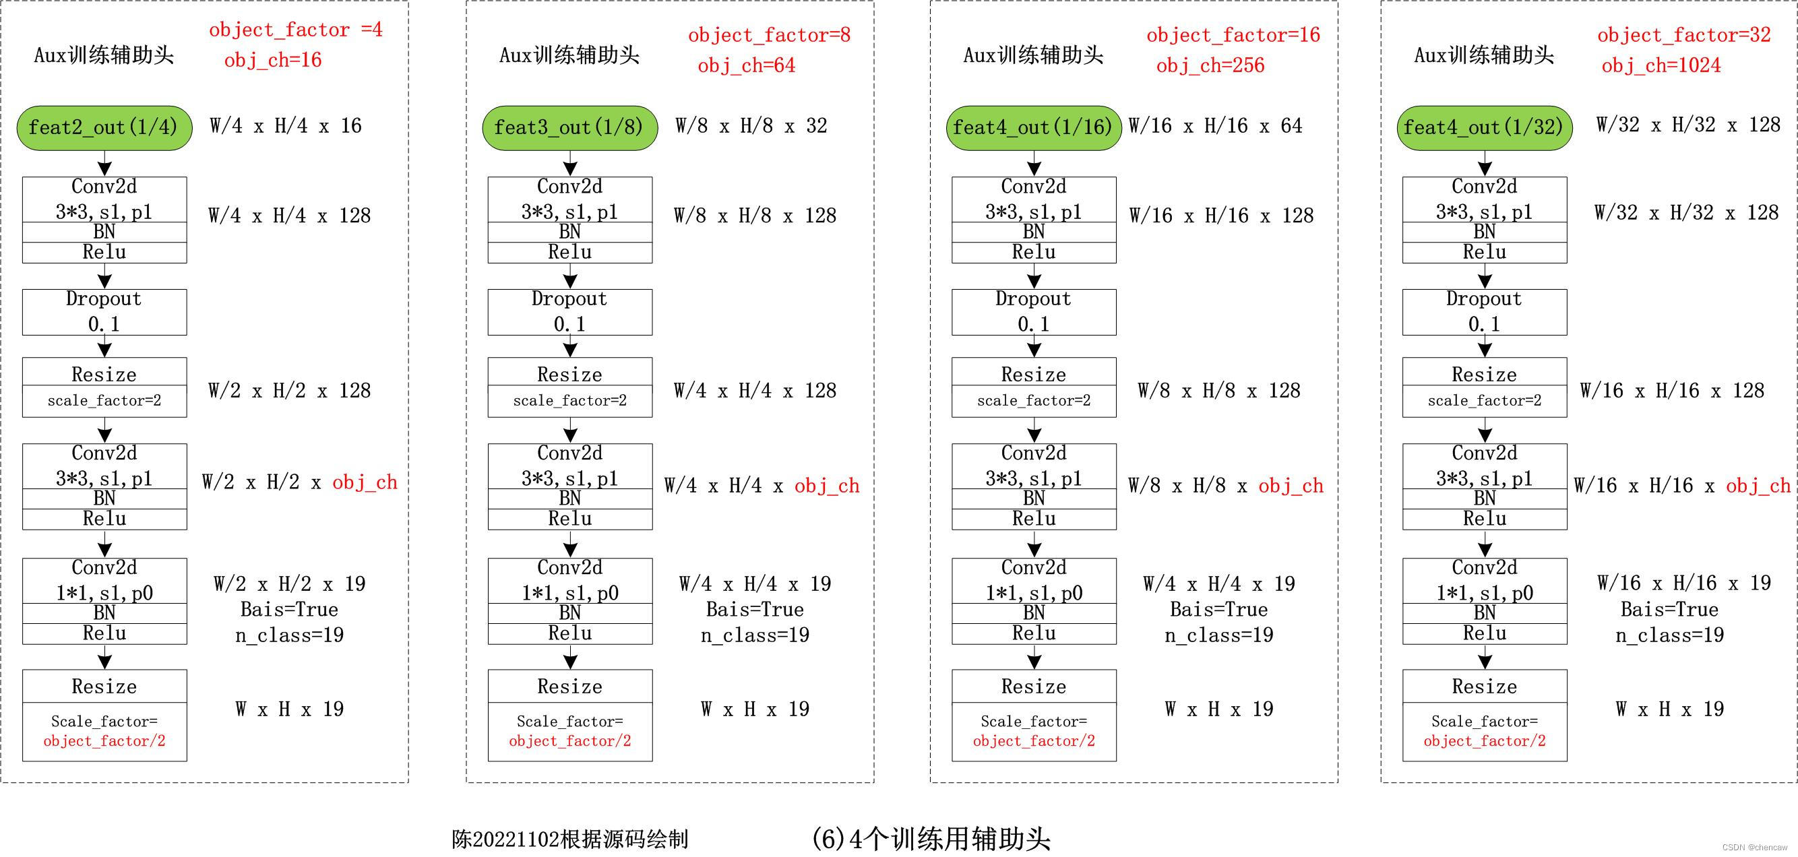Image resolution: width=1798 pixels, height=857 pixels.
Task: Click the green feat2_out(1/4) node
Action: pyautogui.click(x=104, y=128)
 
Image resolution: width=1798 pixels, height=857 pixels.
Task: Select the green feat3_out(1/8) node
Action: pyautogui.click(x=569, y=128)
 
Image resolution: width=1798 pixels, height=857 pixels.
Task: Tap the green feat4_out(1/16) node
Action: pyautogui.click(x=1033, y=128)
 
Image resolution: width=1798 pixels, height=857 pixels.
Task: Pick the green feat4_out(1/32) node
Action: pyautogui.click(x=1484, y=128)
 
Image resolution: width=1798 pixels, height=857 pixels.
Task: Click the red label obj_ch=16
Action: pyautogui.click(x=273, y=61)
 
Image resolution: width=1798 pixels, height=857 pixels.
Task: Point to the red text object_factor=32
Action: pyautogui.click(x=1683, y=35)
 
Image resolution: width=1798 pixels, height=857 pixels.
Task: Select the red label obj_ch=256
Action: pyautogui.click(x=1210, y=65)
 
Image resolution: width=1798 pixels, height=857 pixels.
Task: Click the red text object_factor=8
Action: pyautogui.click(x=769, y=35)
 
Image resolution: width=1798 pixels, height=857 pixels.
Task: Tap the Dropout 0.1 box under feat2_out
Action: pyautogui.click(x=104, y=312)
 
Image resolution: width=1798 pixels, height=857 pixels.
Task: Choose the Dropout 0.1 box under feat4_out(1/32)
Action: pyautogui.click(x=1484, y=312)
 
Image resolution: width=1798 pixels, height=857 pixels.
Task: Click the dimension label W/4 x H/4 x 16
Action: pyautogui.click(x=286, y=125)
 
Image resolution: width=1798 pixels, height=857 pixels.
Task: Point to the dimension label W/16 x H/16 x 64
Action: pyautogui.click(x=1215, y=125)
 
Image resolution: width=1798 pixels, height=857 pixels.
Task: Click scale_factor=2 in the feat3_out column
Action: pyautogui.click(x=569, y=401)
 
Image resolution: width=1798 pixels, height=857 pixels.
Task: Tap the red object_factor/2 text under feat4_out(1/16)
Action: pyautogui.click(x=1034, y=741)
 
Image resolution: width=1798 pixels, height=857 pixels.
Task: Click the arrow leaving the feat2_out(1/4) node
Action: pyautogui.click(x=104, y=164)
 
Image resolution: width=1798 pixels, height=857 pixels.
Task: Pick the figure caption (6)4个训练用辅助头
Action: pyautogui.click(x=931, y=838)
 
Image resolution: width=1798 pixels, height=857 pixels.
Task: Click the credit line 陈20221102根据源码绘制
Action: pyautogui.click(x=569, y=839)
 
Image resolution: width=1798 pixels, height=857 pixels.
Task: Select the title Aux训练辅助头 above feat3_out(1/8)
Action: pyautogui.click(x=569, y=55)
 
